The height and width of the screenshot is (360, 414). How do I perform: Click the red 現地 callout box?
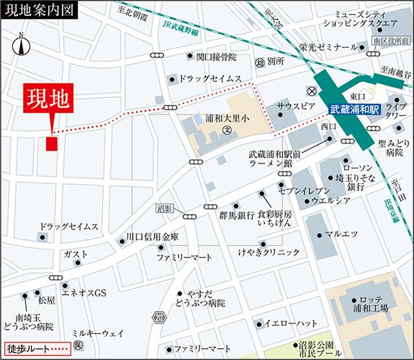point(48,98)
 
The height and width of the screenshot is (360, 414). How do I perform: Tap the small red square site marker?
point(52,143)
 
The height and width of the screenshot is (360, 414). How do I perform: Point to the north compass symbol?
point(21,46)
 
